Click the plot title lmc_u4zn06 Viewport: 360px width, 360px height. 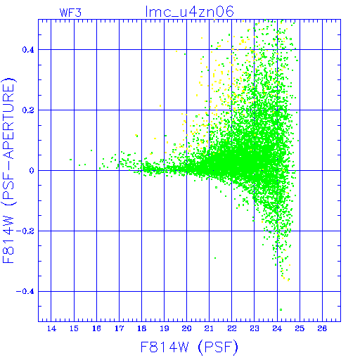(x=189, y=12)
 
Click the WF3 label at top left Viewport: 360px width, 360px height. (x=70, y=13)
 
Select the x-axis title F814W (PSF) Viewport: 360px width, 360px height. (x=189, y=347)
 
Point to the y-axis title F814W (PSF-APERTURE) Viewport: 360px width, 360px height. (x=9, y=170)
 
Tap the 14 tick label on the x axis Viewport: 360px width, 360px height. (x=51, y=328)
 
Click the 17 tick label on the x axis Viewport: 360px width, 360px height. (x=119, y=328)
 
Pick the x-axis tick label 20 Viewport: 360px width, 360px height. (x=186, y=328)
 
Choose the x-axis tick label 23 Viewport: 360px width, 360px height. (x=255, y=328)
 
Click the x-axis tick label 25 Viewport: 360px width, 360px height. (x=300, y=328)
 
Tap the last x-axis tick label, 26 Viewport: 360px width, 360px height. (x=322, y=328)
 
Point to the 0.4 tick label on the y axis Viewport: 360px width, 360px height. (x=28, y=50)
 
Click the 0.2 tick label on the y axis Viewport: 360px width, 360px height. (x=28, y=110)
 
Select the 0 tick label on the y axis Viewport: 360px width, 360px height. (x=32, y=171)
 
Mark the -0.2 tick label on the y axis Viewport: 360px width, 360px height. (x=25, y=231)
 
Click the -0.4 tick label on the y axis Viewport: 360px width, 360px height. (x=25, y=292)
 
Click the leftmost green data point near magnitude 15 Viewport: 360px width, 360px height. (x=70, y=160)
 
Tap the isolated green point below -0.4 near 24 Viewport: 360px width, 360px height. (x=281, y=310)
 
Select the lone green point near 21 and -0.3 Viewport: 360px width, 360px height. (x=215, y=258)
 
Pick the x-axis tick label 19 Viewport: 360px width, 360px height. (x=164, y=328)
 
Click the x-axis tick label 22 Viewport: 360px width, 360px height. (x=232, y=328)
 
